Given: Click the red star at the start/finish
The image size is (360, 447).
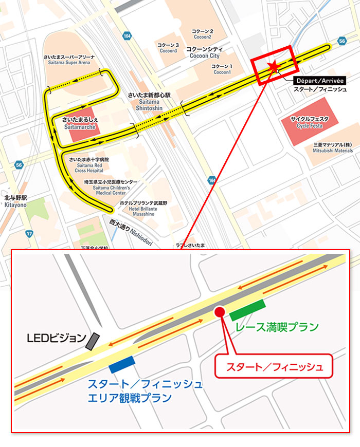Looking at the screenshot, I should point(274,65).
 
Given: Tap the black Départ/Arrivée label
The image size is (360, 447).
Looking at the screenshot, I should point(319,80).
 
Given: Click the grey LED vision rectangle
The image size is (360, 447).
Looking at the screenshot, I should point(93,341).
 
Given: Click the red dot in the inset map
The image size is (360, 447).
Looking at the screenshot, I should point(219,311).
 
